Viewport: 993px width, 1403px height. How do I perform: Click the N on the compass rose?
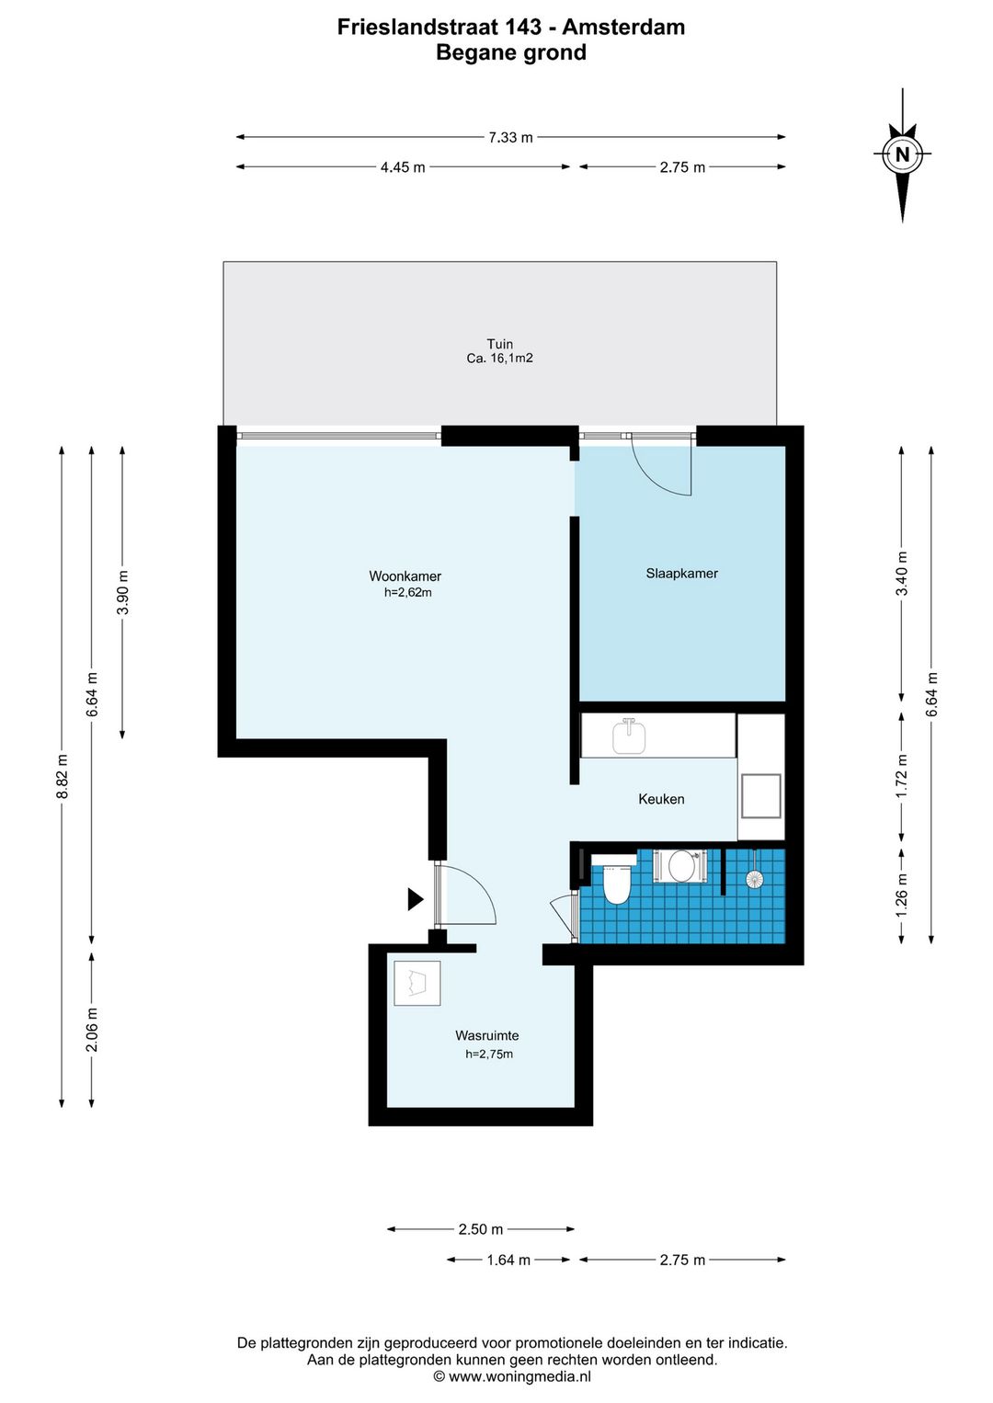[x=902, y=154]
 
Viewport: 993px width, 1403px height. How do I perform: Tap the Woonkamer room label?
[x=405, y=576]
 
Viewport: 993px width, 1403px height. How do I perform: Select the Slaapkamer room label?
[x=681, y=573]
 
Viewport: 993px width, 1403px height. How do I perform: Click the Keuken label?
[x=661, y=799]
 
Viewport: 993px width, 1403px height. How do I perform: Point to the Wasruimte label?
[x=486, y=1035]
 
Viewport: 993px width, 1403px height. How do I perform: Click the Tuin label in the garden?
[x=500, y=344]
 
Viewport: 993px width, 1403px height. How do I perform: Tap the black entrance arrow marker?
[x=416, y=899]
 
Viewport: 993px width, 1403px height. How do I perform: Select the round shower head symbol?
[x=755, y=879]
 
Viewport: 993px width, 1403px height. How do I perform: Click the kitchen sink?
[x=629, y=736]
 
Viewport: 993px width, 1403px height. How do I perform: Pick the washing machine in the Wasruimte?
[x=417, y=984]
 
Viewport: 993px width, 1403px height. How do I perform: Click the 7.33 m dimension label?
[x=510, y=137]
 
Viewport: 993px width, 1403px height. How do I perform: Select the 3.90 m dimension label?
[x=123, y=592]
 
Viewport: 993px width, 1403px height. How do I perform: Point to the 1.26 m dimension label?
[x=901, y=895]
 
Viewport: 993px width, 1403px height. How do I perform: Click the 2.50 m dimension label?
[x=481, y=1229]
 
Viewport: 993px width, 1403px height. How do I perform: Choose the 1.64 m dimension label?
[x=508, y=1260]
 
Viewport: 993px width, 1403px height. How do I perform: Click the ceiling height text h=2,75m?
[x=488, y=1055]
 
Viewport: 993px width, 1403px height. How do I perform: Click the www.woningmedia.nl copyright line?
[x=512, y=1376]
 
